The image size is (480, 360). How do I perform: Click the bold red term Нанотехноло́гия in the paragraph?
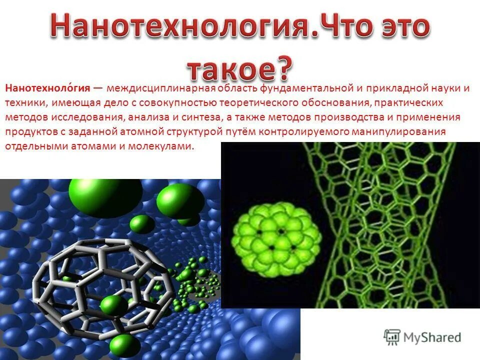click(47, 88)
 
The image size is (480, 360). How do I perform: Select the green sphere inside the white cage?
click(113, 305)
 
